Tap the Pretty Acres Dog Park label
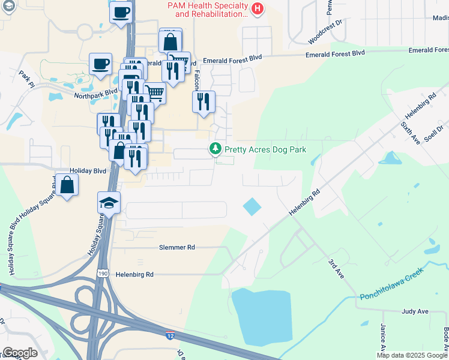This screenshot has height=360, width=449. click(x=265, y=149)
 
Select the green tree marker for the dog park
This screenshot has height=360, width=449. click(x=214, y=148)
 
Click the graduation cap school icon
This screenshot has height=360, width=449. click(x=109, y=202)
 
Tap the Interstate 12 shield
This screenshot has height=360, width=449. click(x=170, y=337)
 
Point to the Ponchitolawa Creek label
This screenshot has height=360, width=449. click(x=391, y=283)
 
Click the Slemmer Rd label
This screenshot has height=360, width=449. click(x=177, y=247)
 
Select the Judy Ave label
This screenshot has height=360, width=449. click(x=415, y=312)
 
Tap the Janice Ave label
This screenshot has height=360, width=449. click(x=382, y=339)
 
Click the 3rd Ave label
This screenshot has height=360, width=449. click(x=336, y=268)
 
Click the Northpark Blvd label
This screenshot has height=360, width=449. click(x=95, y=94)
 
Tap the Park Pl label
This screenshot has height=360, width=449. click(x=25, y=79)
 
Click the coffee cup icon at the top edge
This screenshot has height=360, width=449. click(x=121, y=12)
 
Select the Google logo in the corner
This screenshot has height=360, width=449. click(x=20, y=353)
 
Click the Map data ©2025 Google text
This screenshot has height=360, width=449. click(x=412, y=355)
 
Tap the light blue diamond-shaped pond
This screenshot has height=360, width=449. click(x=252, y=208)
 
